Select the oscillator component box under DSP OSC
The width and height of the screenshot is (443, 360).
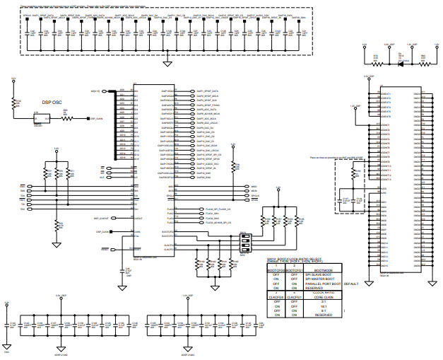(39, 119)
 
